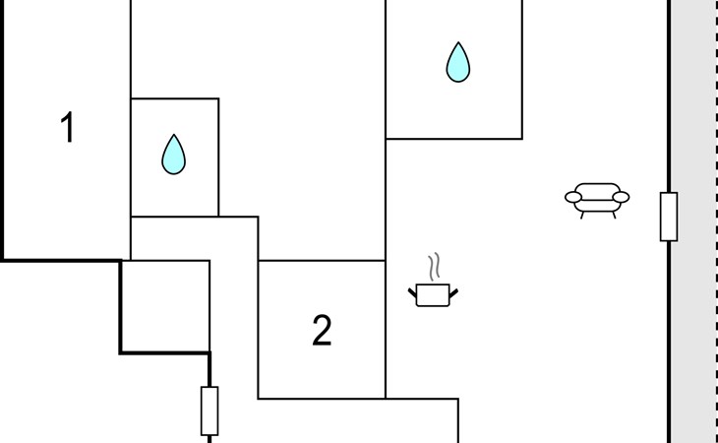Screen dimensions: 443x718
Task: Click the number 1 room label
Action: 67,128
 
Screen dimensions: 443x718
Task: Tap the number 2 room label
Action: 322,332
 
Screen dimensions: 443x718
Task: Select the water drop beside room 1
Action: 174,155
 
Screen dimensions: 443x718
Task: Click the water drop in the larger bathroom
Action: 457,62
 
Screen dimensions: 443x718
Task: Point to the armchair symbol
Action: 596,198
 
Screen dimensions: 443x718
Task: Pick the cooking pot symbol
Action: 433,293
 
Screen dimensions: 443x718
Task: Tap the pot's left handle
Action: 413,291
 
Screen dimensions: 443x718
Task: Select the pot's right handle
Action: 453,291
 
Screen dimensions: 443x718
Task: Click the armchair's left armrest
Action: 572,198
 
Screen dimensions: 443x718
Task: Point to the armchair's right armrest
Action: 621,198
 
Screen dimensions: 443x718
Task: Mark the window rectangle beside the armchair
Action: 669,217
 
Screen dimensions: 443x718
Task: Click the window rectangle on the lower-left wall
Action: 209,411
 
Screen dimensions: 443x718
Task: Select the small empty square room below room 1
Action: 165,305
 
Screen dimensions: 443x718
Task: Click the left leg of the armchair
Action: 582,213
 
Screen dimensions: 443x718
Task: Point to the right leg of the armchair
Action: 612,213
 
